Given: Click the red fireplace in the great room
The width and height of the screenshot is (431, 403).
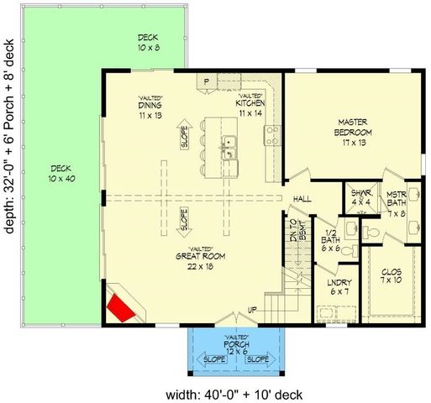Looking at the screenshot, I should pos(123,307).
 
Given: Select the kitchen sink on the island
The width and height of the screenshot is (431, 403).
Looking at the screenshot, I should pos(228,151).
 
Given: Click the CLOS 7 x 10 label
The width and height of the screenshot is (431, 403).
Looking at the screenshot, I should pos(392,276).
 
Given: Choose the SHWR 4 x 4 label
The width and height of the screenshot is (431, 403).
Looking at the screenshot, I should pos(360,198).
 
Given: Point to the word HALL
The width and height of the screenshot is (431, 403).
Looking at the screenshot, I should pos(302,199).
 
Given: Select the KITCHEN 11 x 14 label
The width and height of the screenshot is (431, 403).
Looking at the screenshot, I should pos(250,107).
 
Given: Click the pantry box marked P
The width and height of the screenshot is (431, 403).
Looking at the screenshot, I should pos(206,81).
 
